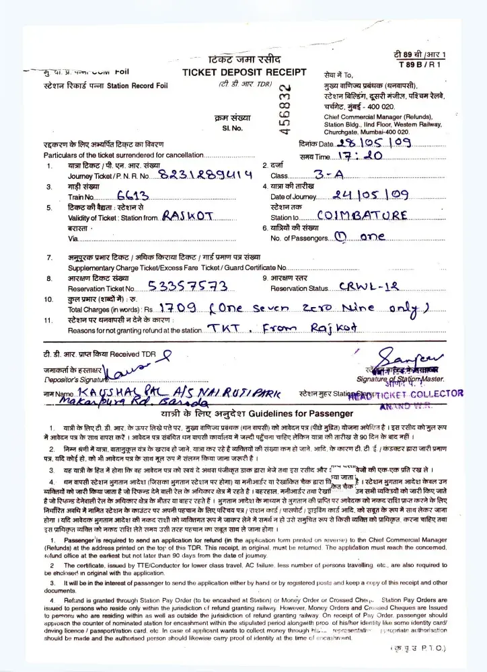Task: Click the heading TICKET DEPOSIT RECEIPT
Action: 244,73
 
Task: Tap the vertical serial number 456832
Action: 285,108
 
